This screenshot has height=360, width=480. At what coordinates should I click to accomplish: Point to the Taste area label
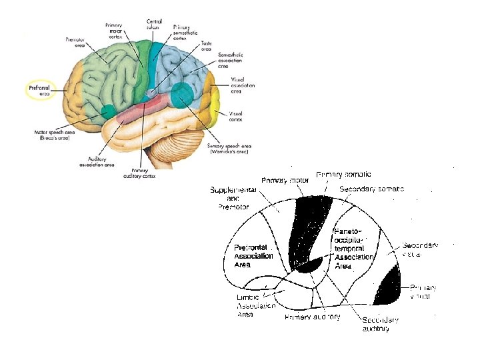tap(207, 46)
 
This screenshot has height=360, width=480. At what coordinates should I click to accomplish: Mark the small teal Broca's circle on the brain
tap(108, 110)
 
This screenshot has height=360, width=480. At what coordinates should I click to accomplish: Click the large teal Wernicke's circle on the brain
tap(181, 95)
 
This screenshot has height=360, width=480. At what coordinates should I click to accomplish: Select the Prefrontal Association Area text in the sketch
tap(253, 256)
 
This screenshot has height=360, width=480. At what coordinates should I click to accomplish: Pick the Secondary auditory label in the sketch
tap(381, 324)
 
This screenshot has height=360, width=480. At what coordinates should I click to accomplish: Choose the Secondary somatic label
tap(372, 189)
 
